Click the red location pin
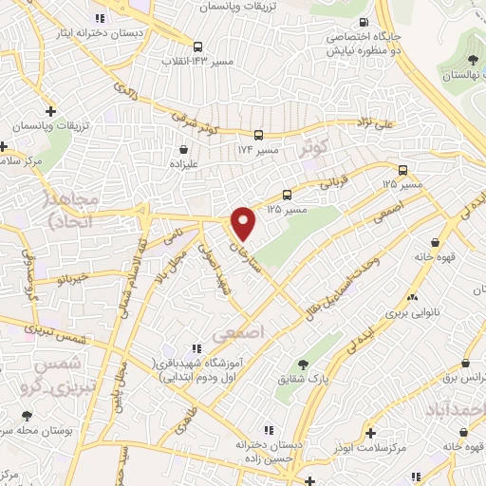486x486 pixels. click(244, 224)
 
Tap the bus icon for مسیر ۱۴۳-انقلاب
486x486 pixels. click(197, 46)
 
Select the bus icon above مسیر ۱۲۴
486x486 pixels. click(258, 136)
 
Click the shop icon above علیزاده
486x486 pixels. click(183, 148)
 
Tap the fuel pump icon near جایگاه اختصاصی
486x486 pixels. click(363, 23)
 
